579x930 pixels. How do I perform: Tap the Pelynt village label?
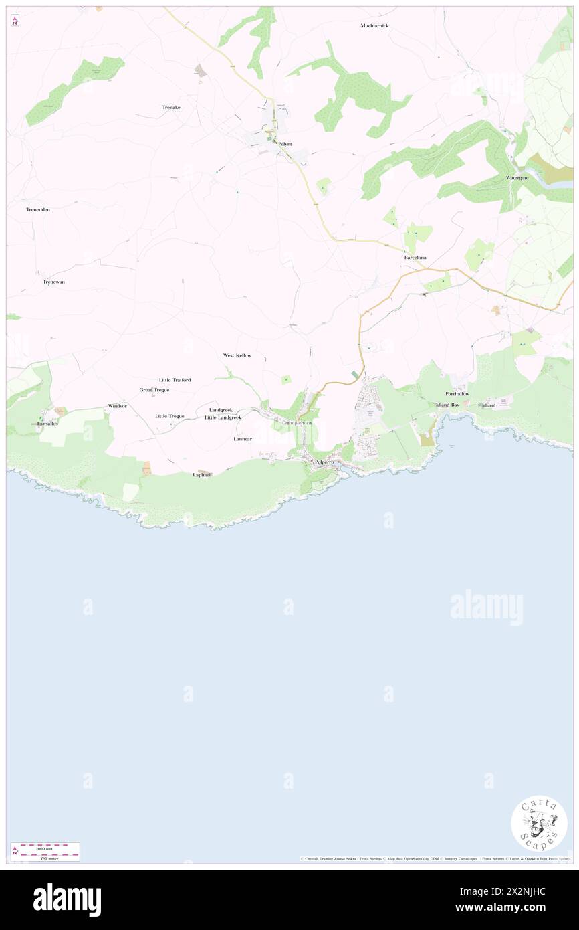click(x=285, y=144)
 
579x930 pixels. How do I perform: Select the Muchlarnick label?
click(x=374, y=25)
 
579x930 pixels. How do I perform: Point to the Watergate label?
click(x=517, y=178)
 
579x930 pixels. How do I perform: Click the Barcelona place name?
click(x=415, y=258)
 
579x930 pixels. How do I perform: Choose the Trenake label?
click(x=171, y=107)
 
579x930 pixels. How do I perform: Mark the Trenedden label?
click(x=38, y=209)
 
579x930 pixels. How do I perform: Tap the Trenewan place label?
click(x=53, y=282)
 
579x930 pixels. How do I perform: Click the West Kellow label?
click(x=237, y=355)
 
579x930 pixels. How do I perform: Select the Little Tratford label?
click(x=175, y=380)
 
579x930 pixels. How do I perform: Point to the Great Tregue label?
click(x=154, y=389)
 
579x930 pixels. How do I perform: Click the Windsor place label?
click(x=117, y=406)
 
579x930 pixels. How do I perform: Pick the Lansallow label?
click(x=47, y=424)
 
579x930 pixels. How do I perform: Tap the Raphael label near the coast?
click(x=202, y=474)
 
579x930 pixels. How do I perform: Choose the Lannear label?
click(x=243, y=439)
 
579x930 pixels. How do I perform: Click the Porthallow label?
click(x=457, y=394)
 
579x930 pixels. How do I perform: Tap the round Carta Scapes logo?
click(x=539, y=823)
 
